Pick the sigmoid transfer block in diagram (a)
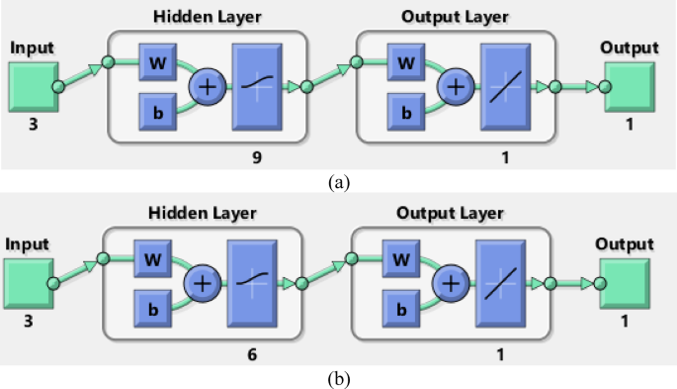pyautogui.click(x=256, y=87)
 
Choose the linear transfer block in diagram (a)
pyautogui.click(x=505, y=87)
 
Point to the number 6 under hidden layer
pyautogui.click(x=253, y=351)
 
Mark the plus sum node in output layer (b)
pyautogui.click(x=451, y=283)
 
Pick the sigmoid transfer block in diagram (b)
pyautogui.click(x=253, y=283)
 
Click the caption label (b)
pyautogui.click(x=338, y=378)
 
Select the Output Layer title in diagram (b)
pyautogui.click(x=451, y=213)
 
